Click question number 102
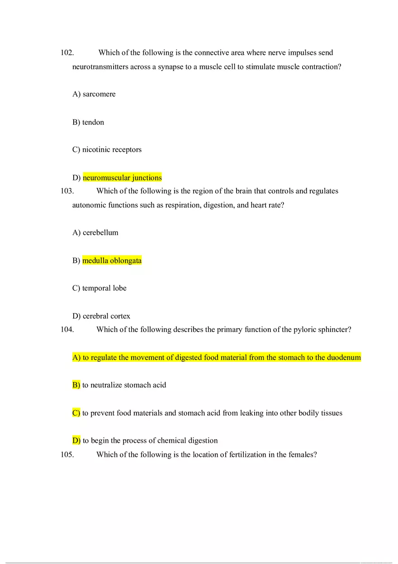(x=67, y=53)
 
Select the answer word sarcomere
(x=99, y=94)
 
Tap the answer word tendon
(x=93, y=122)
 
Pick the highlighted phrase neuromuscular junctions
(x=122, y=178)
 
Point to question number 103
(x=67, y=191)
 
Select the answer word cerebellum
(x=100, y=232)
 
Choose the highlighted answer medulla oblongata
(x=112, y=261)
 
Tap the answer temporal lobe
(x=104, y=288)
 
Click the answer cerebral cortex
(x=106, y=316)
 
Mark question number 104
(x=67, y=330)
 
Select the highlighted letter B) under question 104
(x=76, y=385)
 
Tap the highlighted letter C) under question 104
(x=76, y=413)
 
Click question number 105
(x=67, y=455)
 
